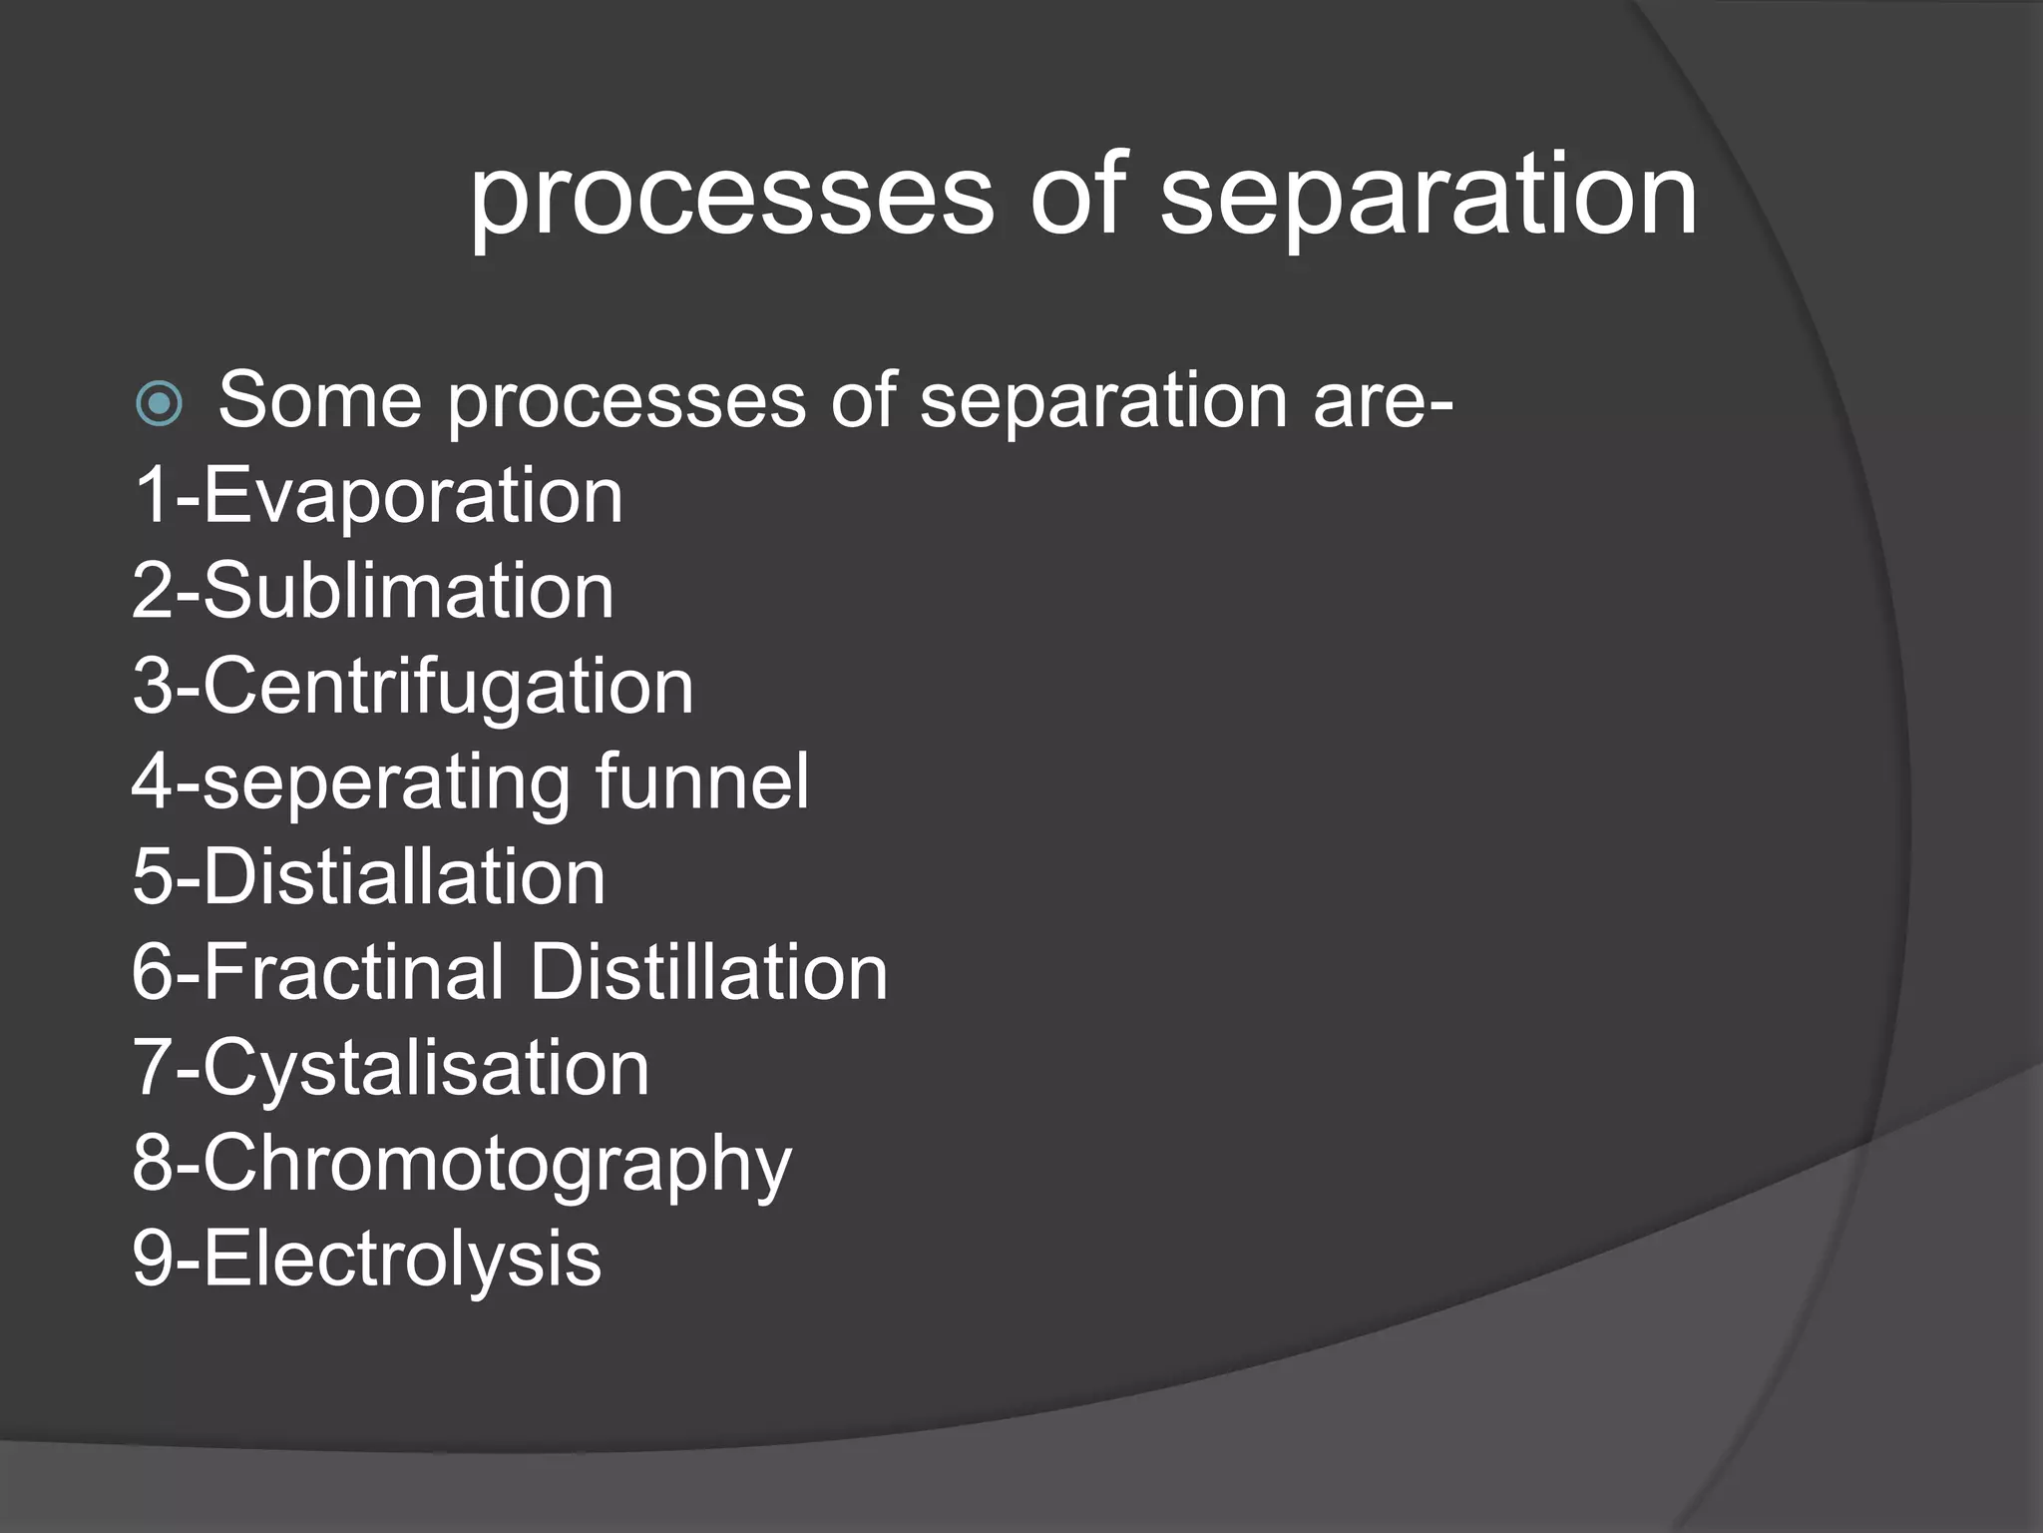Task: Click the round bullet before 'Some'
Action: pos(159,404)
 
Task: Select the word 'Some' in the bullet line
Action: pos(319,401)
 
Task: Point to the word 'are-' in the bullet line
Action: pos(1383,401)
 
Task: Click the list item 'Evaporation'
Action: pos(413,496)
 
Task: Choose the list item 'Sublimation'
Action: pos(408,591)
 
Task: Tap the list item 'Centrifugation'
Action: pos(448,687)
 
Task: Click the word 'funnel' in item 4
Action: pos(701,781)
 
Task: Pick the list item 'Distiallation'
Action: pos(404,877)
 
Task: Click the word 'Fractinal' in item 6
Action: pos(354,972)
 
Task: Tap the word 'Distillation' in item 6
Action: pos(708,972)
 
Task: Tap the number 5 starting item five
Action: pos(152,877)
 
